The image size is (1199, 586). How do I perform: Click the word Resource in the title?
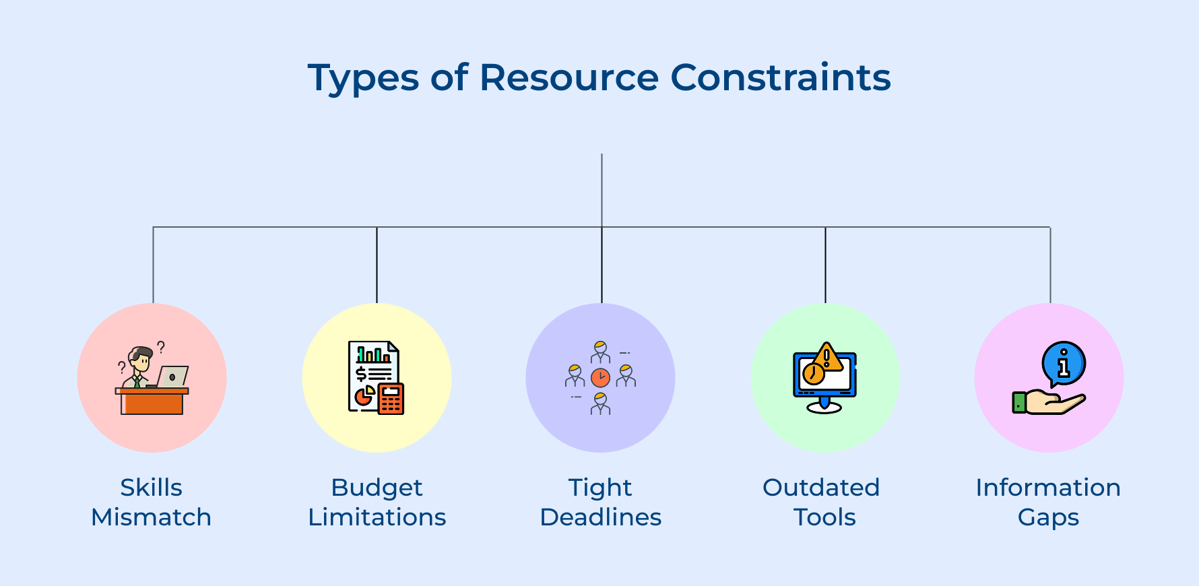pos(569,77)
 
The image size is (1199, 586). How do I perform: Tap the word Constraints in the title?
pos(781,77)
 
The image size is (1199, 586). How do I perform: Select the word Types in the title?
pos(363,79)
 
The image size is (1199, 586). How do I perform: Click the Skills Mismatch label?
pos(152,502)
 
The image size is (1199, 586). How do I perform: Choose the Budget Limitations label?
pos(377,502)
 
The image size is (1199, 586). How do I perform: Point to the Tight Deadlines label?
pos(600,502)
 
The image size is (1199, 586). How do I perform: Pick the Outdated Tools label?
pos(822,502)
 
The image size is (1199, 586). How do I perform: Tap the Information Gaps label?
pos(1048,502)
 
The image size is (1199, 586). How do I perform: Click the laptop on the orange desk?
pos(172,377)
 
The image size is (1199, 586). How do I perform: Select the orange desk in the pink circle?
pos(152,401)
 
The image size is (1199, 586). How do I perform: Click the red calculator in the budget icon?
pos(391,399)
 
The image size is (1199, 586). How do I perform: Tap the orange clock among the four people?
pos(600,377)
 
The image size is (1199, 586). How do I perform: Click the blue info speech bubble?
pos(1064,364)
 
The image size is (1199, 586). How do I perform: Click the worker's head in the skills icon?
pos(141,358)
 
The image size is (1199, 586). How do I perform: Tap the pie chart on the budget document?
pos(364,396)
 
